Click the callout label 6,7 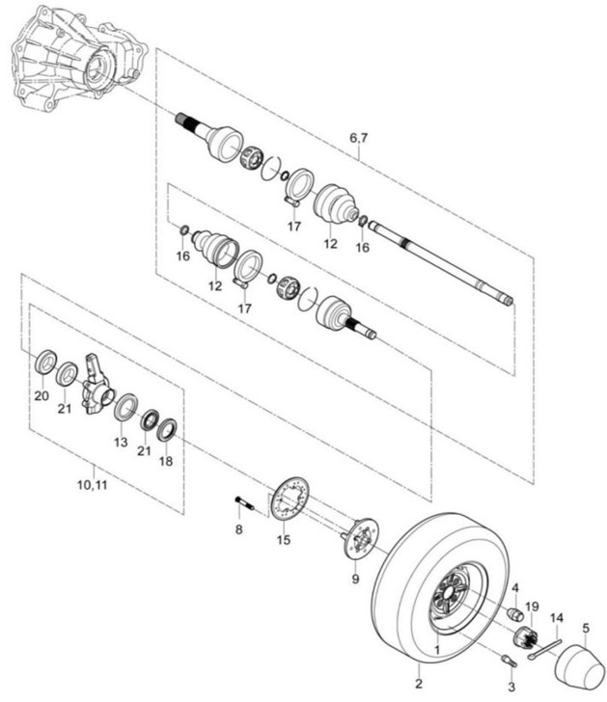click(x=358, y=138)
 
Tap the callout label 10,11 click(x=93, y=485)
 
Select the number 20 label click(x=41, y=395)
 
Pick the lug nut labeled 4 click(x=515, y=613)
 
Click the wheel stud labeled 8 click(x=244, y=503)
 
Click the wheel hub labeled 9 click(x=361, y=539)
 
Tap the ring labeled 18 click(x=167, y=430)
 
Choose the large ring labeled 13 click(x=125, y=407)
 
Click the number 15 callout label click(x=284, y=539)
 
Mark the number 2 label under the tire click(x=419, y=684)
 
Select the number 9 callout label click(x=355, y=579)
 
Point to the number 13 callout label click(x=121, y=443)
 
